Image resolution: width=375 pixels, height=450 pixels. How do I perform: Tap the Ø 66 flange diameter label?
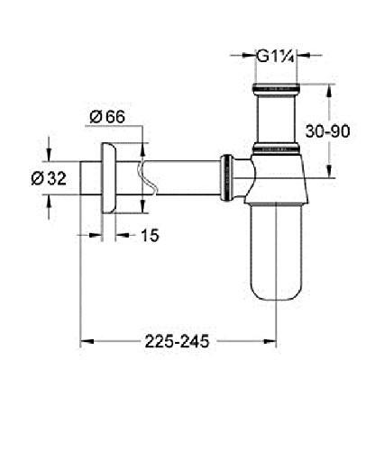[112, 115]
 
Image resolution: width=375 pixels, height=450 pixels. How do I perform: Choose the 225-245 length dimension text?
[178, 343]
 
